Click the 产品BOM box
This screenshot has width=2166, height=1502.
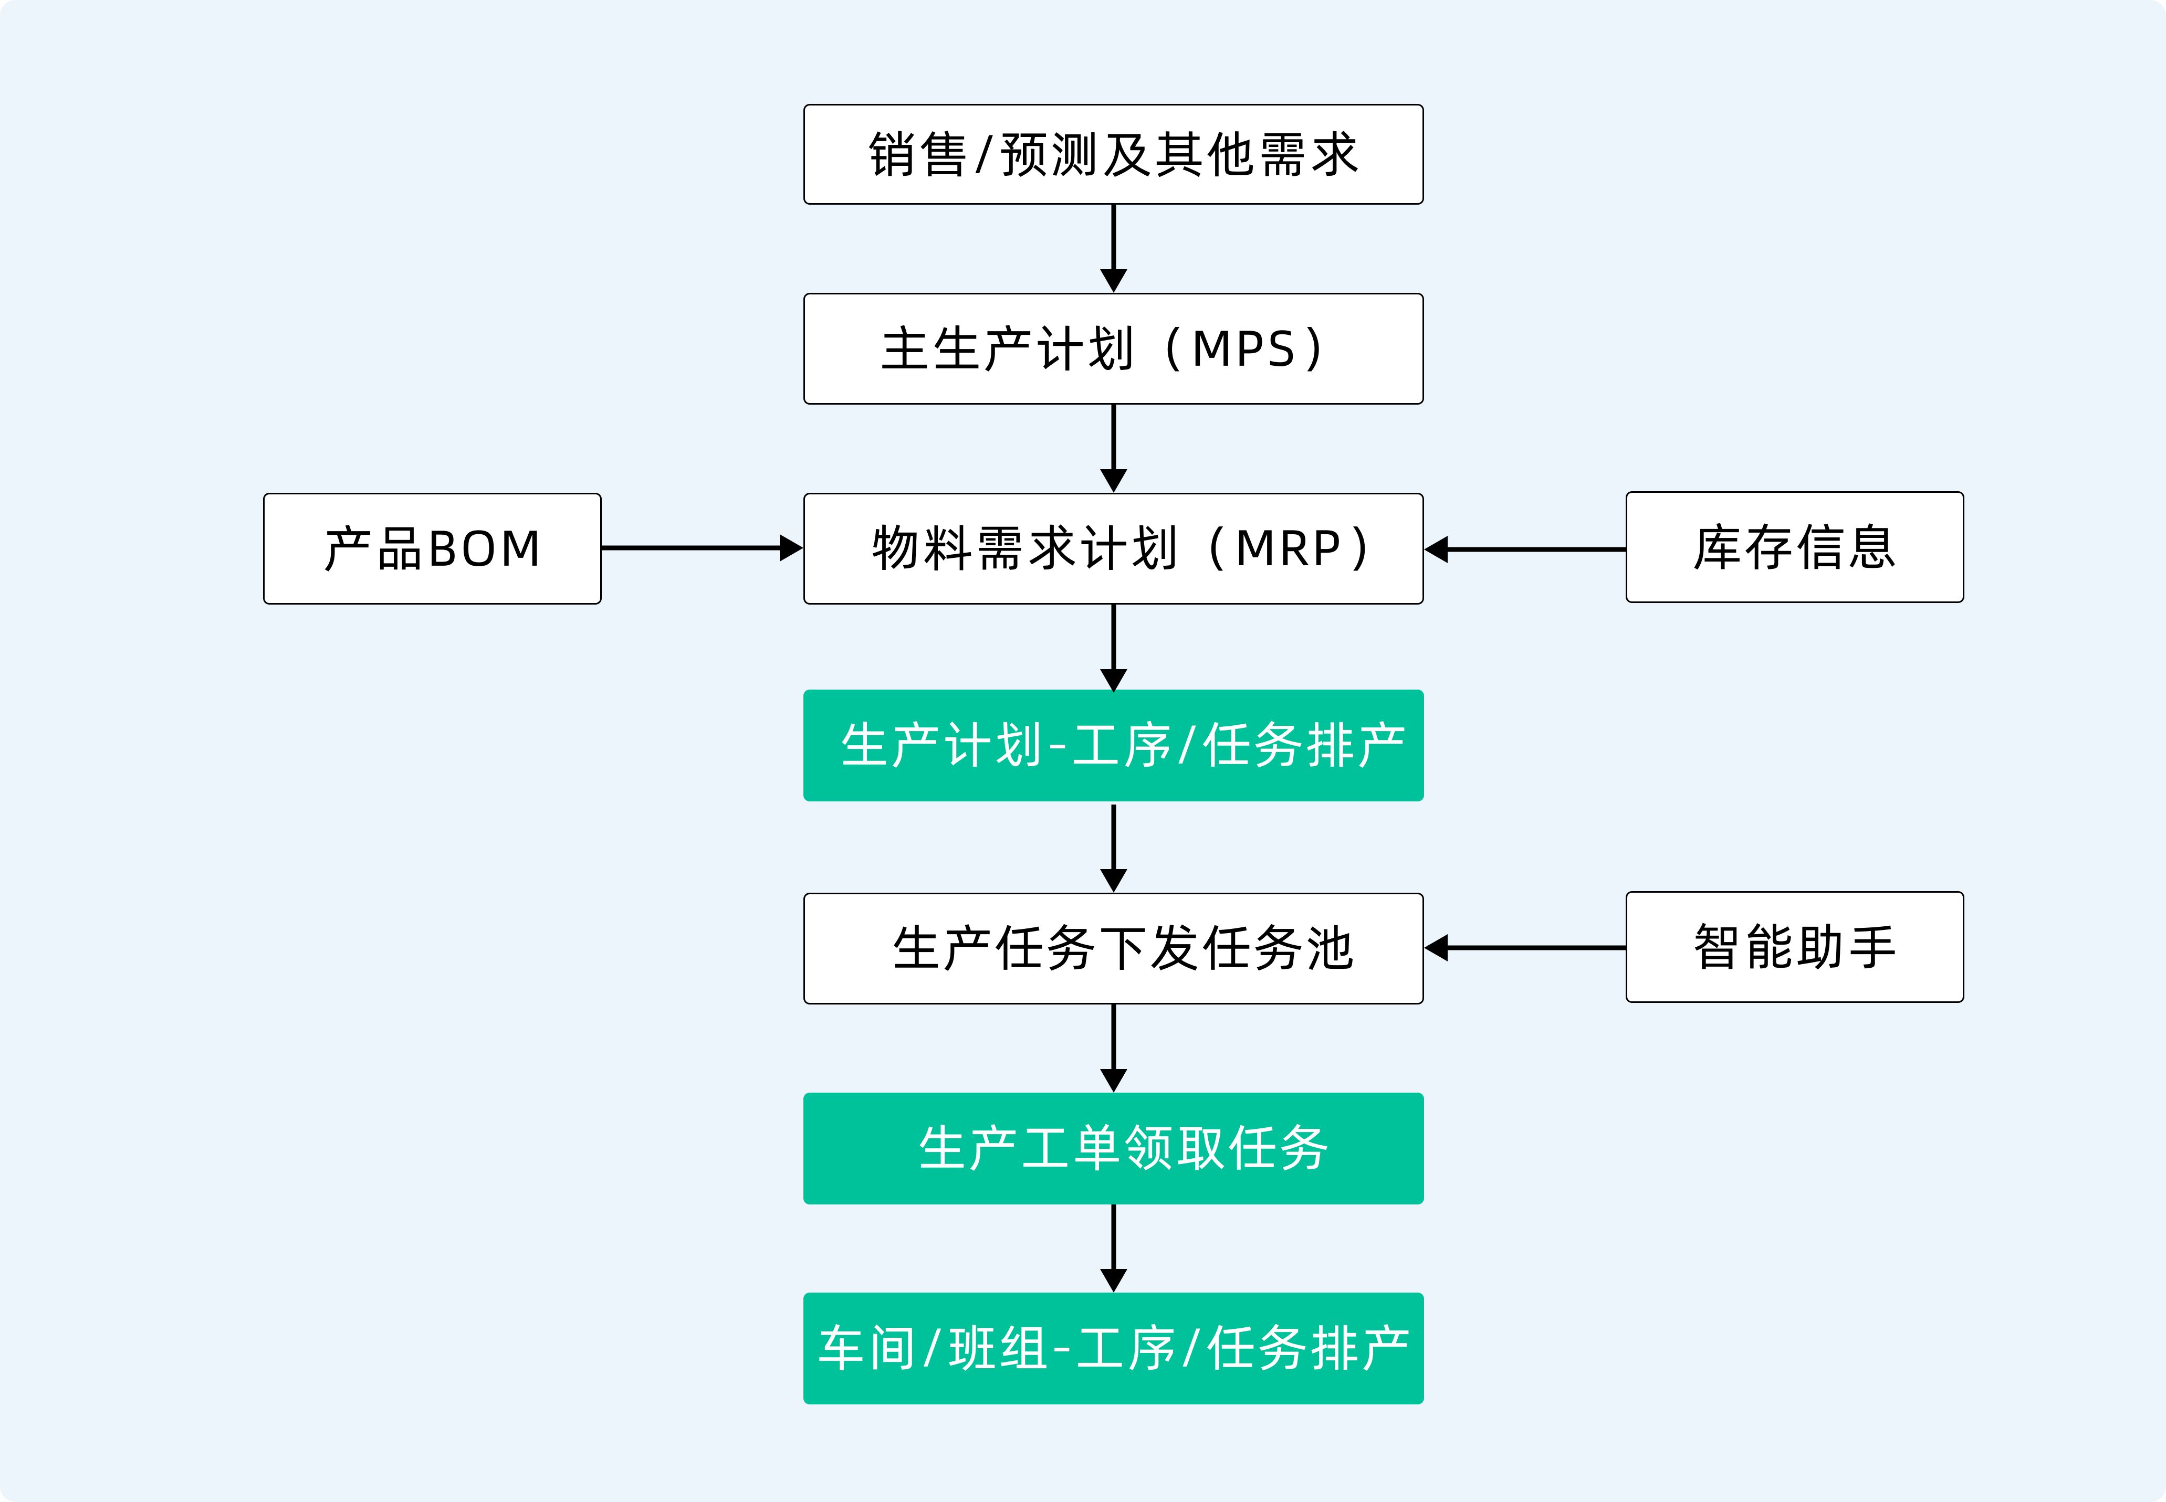pyautogui.click(x=432, y=548)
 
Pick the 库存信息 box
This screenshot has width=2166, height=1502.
pyautogui.click(x=1794, y=547)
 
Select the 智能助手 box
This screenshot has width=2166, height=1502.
pyautogui.click(x=1794, y=947)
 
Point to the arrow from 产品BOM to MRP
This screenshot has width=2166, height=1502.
pyautogui.click(x=702, y=548)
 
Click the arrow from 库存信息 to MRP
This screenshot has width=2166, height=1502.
pyautogui.click(x=1525, y=548)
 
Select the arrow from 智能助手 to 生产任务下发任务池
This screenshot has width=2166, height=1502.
pyautogui.click(x=1525, y=948)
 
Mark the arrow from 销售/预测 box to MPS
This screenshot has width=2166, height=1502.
pyautogui.click(x=1114, y=248)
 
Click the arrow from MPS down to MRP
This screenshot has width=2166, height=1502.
pyautogui.click(x=1114, y=448)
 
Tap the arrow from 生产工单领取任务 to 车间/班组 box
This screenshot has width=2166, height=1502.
pyautogui.click(x=1114, y=1248)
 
